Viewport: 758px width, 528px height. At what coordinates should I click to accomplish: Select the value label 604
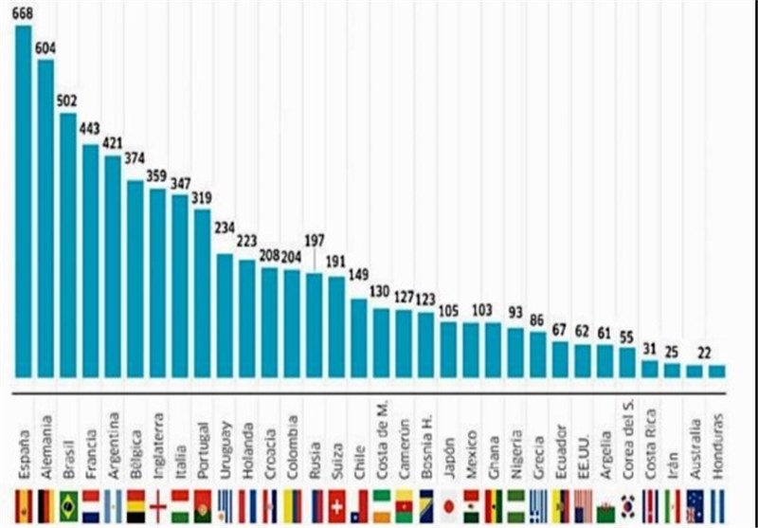45,48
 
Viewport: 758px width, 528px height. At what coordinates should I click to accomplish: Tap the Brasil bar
68,246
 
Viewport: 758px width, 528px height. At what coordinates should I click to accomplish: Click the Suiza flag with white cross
337,506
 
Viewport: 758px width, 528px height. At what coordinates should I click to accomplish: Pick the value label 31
650,347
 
